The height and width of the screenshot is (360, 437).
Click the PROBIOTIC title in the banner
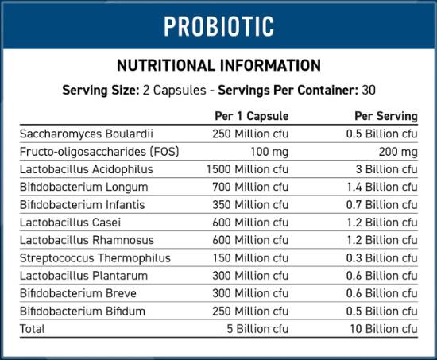pos(218,25)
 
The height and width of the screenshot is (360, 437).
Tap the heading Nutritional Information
pos(218,66)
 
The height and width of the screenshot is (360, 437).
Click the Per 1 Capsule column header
pos(252,117)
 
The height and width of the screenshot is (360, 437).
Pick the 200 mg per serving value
pos(399,152)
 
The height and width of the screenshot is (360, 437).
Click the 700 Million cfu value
pos(250,187)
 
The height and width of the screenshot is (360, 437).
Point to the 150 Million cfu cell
pos(250,257)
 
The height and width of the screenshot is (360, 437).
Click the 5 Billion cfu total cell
pos(256,328)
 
